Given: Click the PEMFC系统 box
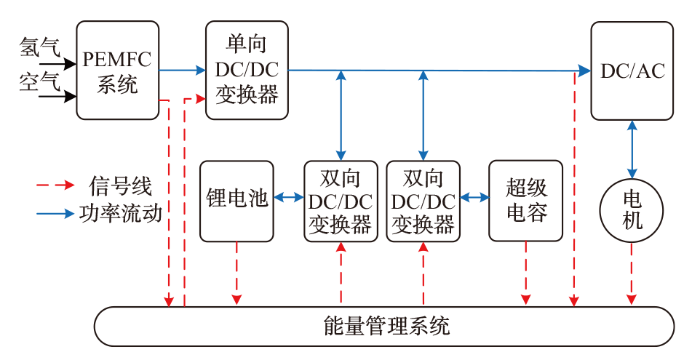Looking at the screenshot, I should [x=117, y=71].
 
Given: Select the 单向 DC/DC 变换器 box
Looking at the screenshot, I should [x=247, y=71].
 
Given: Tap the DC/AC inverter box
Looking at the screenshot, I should [x=632, y=71].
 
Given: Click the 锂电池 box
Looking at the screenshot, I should [x=236, y=201].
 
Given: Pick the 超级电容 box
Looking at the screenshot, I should [x=525, y=201].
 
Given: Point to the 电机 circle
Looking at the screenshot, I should [x=632, y=211].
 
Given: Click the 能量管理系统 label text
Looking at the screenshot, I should [x=386, y=327].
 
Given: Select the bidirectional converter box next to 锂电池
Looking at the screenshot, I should [x=341, y=201].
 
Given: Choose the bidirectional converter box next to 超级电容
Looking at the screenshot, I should [x=423, y=201].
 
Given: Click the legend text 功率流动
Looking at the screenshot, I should [x=121, y=214].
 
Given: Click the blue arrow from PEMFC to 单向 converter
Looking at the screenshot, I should [x=182, y=71].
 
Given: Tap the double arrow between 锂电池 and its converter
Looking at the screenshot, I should [x=289, y=197].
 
